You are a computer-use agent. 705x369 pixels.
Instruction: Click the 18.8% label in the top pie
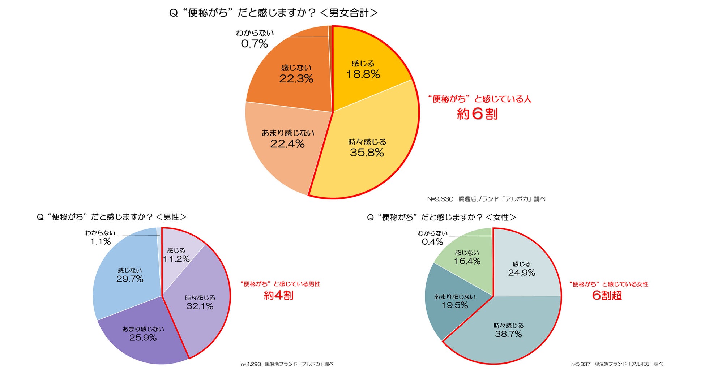(x=363, y=74)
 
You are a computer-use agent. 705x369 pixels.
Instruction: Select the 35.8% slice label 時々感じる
(x=367, y=142)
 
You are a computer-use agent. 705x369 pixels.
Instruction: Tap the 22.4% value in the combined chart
(x=287, y=144)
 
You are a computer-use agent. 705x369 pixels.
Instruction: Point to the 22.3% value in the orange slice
(x=296, y=79)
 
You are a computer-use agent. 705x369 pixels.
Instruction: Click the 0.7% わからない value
(x=254, y=44)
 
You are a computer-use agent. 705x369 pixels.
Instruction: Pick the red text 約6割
(x=477, y=114)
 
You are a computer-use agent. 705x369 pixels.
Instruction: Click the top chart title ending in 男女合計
(x=273, y=13)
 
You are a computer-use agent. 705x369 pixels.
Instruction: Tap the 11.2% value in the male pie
(x=176, y=259)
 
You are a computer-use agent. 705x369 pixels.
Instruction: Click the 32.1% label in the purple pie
(x=200, y=306)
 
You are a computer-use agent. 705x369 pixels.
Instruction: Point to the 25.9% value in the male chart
(x=143, y=338)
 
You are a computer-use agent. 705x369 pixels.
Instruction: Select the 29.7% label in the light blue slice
(x=130, y=279)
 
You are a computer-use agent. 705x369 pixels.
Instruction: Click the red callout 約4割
(x=278, y=295)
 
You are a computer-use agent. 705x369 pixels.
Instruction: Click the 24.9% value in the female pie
(x=521, y=273)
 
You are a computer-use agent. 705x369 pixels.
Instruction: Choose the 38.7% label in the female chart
(x=508, y=334)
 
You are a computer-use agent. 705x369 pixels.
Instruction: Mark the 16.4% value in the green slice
(x=467, y=261)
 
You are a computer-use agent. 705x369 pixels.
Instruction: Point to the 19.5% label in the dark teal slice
(x=454, y=305)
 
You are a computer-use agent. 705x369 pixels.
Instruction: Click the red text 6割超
(x=607, y=295)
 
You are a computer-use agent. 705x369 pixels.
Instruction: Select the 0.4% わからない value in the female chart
(x=432, y=242)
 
